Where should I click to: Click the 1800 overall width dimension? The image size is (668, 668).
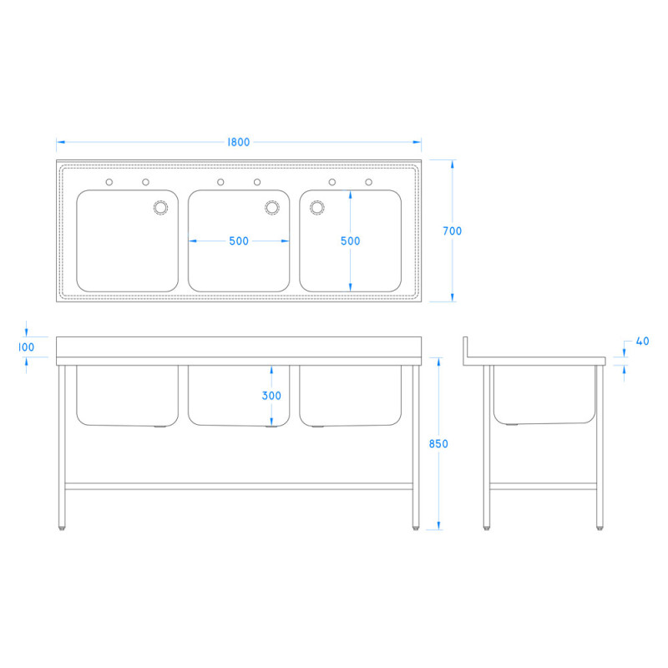pos(238,142)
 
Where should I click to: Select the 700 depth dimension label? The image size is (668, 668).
pos(453,231)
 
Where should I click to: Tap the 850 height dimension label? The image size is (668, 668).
pos(439,444)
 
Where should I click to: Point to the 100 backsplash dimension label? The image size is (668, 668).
pos(27,347)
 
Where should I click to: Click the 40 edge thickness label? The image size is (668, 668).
pos(642,342)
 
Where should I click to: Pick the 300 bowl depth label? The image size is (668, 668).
pos(271,396)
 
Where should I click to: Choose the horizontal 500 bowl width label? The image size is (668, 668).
pos(239,241)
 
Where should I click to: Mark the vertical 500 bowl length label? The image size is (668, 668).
pos(351,241)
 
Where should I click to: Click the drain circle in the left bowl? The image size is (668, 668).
pos(159,207)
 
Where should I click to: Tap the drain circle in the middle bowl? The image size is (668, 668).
pos(271,207)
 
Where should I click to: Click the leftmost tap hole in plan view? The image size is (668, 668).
pos(109,182)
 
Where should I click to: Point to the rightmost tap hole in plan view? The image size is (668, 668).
pos(368,182)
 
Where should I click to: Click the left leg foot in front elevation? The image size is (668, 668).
pos(63,526)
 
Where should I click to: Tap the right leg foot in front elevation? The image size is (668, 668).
pos(416,526)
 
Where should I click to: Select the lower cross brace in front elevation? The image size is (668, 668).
pos(239,485)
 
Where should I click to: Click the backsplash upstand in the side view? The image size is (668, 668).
pos(466,348)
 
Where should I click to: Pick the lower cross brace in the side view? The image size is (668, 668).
pos(543,485)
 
